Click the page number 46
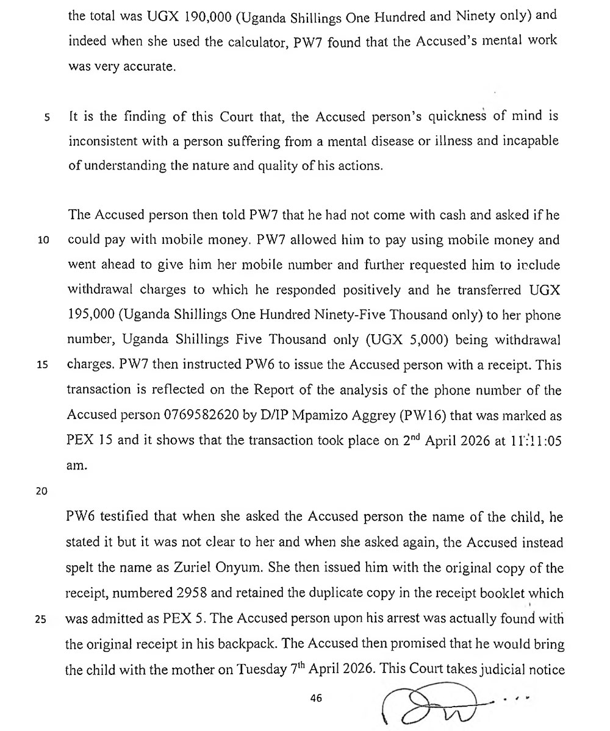(x=315, y=699)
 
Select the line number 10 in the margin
(x=43, y=240)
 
